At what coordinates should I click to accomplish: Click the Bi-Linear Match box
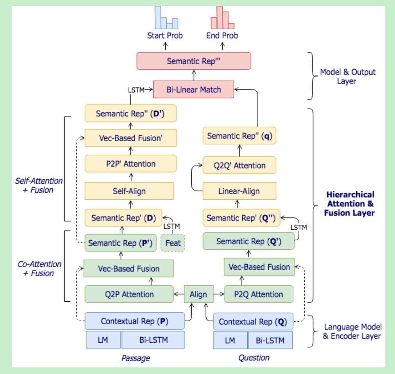click(193, 89)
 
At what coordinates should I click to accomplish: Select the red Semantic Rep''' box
click(193, 61)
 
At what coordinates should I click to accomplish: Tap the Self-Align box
click(129, 191)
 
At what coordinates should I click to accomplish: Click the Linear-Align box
click(239, 191)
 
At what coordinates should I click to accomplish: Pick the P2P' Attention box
click(130, 164)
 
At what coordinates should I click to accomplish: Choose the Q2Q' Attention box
click(239, 165)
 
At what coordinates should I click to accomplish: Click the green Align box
click(198, 294)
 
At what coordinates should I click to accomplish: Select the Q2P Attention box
click(129, 294)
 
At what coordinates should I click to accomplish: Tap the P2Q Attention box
click(259, 294)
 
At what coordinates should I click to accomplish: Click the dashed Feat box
click(173, 243)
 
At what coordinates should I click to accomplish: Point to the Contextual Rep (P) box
click(134, 321)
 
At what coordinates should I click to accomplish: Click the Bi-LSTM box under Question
click(270, 340)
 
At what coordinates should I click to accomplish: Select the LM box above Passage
click(103, 340)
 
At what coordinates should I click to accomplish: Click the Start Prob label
click(165, 36)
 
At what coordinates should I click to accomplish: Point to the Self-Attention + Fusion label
click(39, 186)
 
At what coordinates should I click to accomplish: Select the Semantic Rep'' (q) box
click(239, 136)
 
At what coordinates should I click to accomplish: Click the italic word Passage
click(136, 358)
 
